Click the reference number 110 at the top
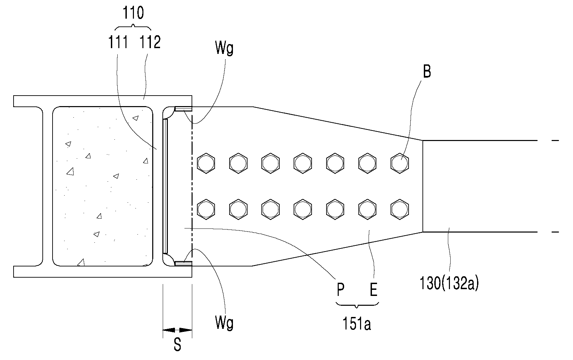pos(133,13)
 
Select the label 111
pos(118,42)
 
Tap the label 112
pos(150,42)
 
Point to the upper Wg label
pos(224,48)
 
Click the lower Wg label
pos(224,323)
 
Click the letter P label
pos(340,289)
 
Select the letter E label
pos(374,289)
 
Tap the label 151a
pos(357,324)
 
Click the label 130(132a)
pos(449,283)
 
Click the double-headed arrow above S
pos(177,330)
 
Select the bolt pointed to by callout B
pos(399,163)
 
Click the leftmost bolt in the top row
pos(206,163)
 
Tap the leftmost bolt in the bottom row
pos(206,209)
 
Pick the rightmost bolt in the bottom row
pos(399,209)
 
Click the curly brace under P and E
pos(357,304)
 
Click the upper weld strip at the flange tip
pos(183,109)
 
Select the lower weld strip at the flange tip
pos(183,264)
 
